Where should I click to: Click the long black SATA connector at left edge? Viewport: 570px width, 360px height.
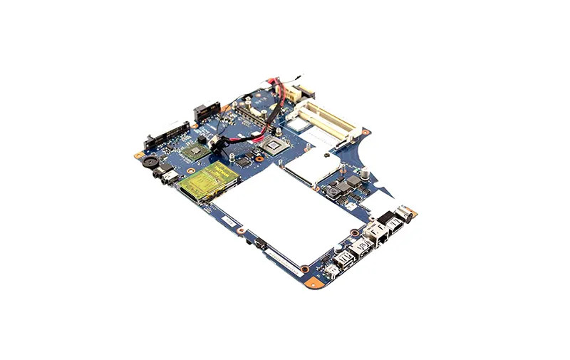(x=166, y=135)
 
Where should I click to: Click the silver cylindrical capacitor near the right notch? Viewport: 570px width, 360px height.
(x=365, y=173)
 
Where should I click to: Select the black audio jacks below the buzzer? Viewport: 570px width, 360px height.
(x=167, y=175)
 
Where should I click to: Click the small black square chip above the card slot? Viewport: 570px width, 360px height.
(x=243, y=162)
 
